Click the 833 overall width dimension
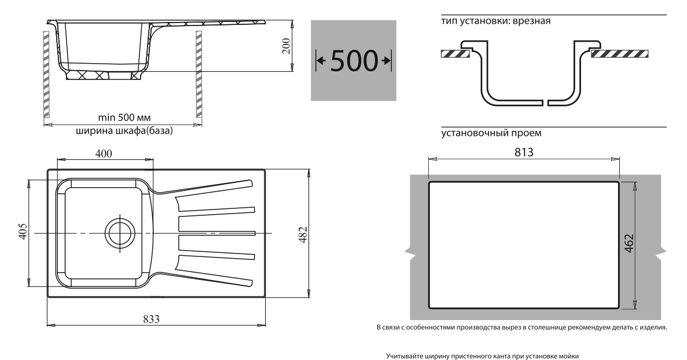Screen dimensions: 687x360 coord(151,319)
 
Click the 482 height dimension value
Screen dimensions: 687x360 coord(303,235)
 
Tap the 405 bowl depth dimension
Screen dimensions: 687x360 coord(23,231)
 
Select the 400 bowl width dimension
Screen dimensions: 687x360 coord(104,153)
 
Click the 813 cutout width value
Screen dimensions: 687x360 coord(524,152)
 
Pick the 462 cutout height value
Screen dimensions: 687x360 coord(629,243)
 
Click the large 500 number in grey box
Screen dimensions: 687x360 coord(354,60)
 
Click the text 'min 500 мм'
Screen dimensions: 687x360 coord(124,117)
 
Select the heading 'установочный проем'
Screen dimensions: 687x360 coord(491,133)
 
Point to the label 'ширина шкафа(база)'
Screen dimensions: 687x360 coord(124,131)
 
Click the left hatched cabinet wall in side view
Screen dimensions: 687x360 coord(46,74)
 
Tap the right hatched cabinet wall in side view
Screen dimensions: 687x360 coord(199,74)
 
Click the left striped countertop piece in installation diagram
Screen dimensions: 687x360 coord(455,54)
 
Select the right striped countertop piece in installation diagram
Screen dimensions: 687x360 coord(619,54)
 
